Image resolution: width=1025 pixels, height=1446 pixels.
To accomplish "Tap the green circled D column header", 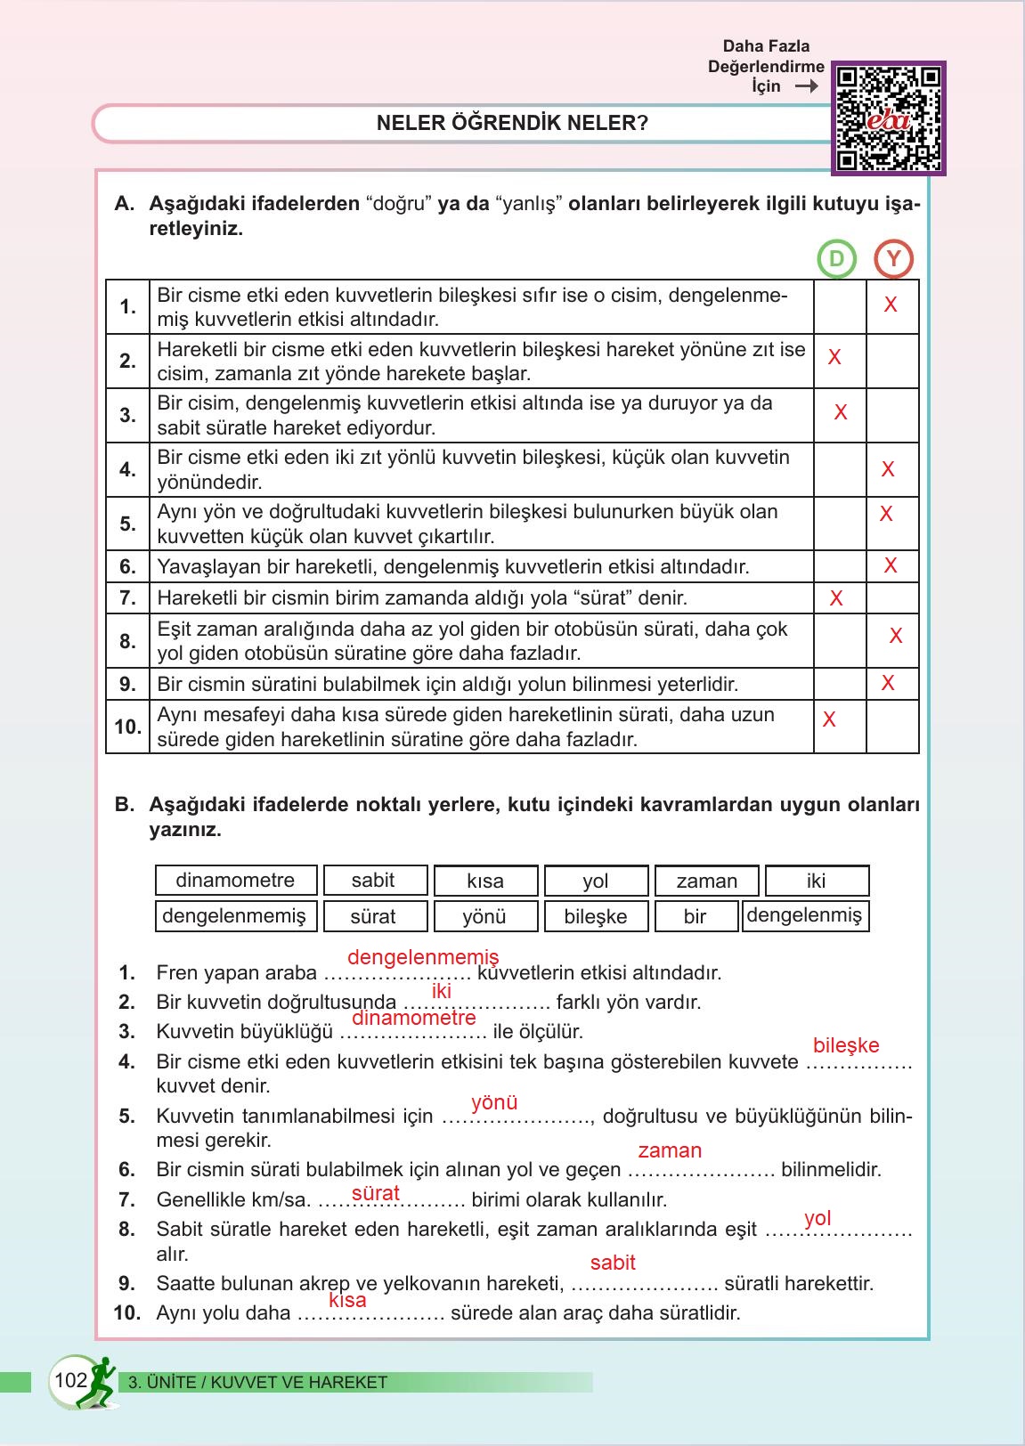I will pyautogui.click(x=836, y=259).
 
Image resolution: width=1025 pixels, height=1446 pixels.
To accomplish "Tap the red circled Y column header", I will pyautogui.click(x=893, y=259).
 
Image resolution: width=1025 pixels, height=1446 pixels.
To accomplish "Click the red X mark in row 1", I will pyautogui.click(x=891, y=305).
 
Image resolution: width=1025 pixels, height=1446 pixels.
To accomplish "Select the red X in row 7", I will pyautogui.click(x=836, y=599).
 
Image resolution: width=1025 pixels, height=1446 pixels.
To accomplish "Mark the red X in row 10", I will pyautogui.click(x=829, y=720).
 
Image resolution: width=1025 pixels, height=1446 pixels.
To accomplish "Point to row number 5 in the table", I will pyautogui.click(x=128, y=524).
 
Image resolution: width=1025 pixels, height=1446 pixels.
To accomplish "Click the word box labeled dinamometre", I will pyautogui.click(x=235, y=881).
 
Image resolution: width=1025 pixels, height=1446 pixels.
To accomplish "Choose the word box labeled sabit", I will pyautogui.click(x=373, y=881).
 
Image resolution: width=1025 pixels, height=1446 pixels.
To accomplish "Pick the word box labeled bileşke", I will pyautogui.click(x=595, y=916).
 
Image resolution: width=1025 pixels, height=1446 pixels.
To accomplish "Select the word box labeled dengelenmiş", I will pyautogui.click(x=804, y=915).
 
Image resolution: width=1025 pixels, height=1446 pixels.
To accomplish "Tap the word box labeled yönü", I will pyautogui.click(x=484, y=916).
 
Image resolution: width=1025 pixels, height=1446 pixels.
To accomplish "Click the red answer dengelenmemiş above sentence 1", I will pyautogui.click(x=423, y=958).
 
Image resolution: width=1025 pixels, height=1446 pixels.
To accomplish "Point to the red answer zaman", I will pyautogui.click(x=670, y=1150).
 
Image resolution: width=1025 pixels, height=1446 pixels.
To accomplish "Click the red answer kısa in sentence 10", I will pyautogui.click(x=347, y=1300).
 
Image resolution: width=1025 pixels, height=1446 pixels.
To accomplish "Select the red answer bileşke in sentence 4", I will pyautogui.click(x=846, y=1045).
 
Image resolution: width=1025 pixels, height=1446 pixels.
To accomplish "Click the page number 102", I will pyautogui.click(x=70, y=1381).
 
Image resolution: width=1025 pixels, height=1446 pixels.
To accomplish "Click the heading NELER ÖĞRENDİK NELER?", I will pyautogui.click(x=512, y=123).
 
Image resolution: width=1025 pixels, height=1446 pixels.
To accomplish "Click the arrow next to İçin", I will pyautogui.click(x=806, y=86).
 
